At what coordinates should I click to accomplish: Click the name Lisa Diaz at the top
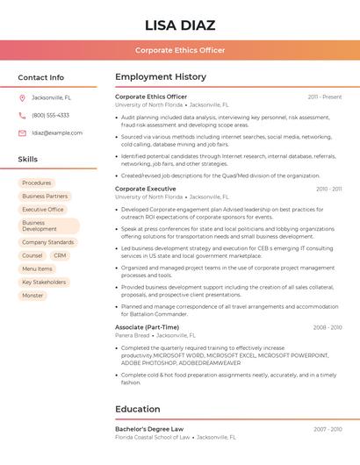pos(180,24)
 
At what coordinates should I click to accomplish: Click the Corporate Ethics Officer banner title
pos(180,50)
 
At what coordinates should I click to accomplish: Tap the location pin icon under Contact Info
pos(22,97)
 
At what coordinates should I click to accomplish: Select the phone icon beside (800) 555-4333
pos(22,115)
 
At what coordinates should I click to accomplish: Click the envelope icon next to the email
pos(22,133)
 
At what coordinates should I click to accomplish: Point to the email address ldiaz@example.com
pos(57,133)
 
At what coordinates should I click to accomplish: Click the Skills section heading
pos(28,160)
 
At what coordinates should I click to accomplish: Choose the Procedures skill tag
pos(37,182)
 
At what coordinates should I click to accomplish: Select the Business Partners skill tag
pos(45,197)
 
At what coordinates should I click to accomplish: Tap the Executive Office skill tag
pos(43,210)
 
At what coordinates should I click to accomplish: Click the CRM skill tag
pos(60,255)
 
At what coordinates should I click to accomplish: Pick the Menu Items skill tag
pos(37,268)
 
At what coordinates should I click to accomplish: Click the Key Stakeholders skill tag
pos(44,283)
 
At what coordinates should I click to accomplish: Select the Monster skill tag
pos(32,296)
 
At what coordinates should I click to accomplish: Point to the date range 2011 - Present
pos(325,97)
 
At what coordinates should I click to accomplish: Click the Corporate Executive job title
pos(146,189)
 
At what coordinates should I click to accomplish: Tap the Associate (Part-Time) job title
pos(147,327)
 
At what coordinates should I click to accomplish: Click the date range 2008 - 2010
pos(328,327)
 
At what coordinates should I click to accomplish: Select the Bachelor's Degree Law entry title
pos(149,429)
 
